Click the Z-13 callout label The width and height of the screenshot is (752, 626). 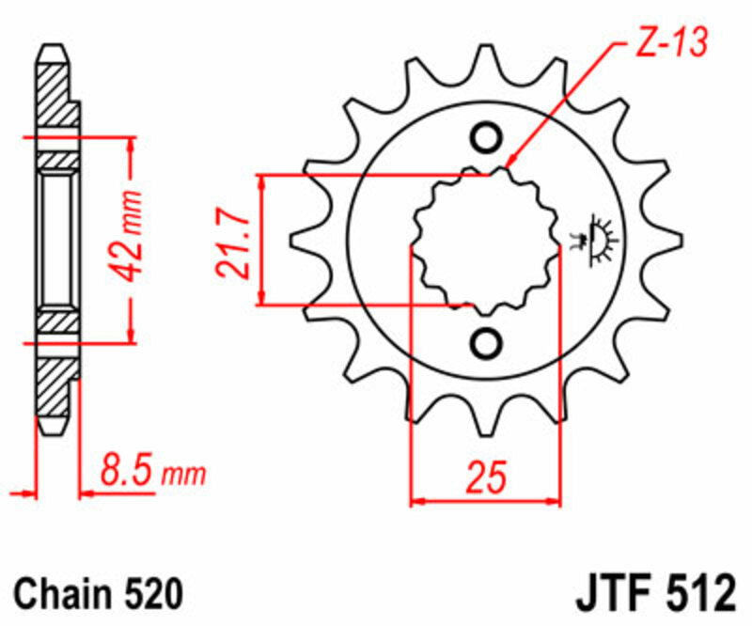pos(668,43)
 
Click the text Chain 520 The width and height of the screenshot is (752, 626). pos(97,594)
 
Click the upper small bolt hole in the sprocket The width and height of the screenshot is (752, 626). pos(487,138)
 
